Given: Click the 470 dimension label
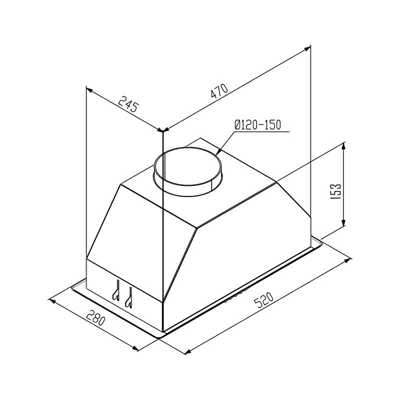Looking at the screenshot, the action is pos(219,91).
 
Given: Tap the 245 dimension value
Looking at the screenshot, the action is pos(128,104).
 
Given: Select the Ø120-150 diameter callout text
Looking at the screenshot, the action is pos(257,125).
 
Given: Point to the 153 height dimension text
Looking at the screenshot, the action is pos(335,192).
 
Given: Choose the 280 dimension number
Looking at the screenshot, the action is pos(95,317).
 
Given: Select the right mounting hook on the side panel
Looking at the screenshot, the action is pos(128,297).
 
